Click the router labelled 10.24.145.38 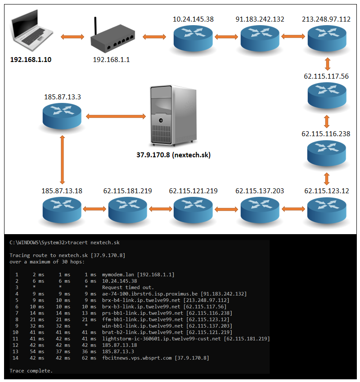193,38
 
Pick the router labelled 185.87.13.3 63,116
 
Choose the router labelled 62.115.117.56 327,95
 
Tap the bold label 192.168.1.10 31,59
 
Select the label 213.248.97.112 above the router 327,19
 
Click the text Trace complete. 31,371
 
